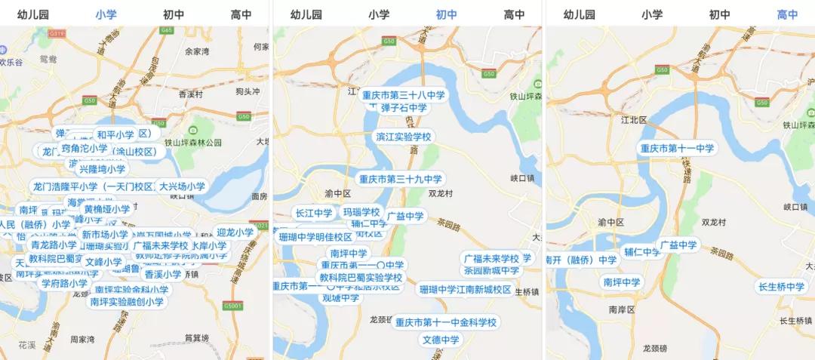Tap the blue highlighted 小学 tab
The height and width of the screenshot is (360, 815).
[x=106, y=14]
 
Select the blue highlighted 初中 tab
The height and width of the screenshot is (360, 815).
[x=447, y=14]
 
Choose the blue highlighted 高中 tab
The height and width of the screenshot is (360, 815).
[x=787, y=14]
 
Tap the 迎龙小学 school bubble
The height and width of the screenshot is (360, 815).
[x=235, y=232]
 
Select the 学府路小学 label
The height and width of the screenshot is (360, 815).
[x=64, y=284]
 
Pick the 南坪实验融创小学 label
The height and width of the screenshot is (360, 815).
[x=127, y=302]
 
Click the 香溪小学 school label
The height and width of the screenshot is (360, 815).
[x=163, y=275]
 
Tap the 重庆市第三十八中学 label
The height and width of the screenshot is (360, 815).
[x=404, y=96]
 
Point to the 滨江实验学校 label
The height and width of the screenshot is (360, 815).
[x=404, y=137]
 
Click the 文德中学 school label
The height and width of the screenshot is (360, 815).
[x=441, y=340]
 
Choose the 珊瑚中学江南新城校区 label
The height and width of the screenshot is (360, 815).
[x=465, y=290]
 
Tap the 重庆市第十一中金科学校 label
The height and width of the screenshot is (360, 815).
[x=446, y=323]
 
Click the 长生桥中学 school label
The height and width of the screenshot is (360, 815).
[x=782, y=287]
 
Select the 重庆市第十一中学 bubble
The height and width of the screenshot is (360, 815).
[x=677, y=149]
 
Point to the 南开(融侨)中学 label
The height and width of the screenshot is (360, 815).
[x=583, y=260]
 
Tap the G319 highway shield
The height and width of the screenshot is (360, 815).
[x=56, y=34]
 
